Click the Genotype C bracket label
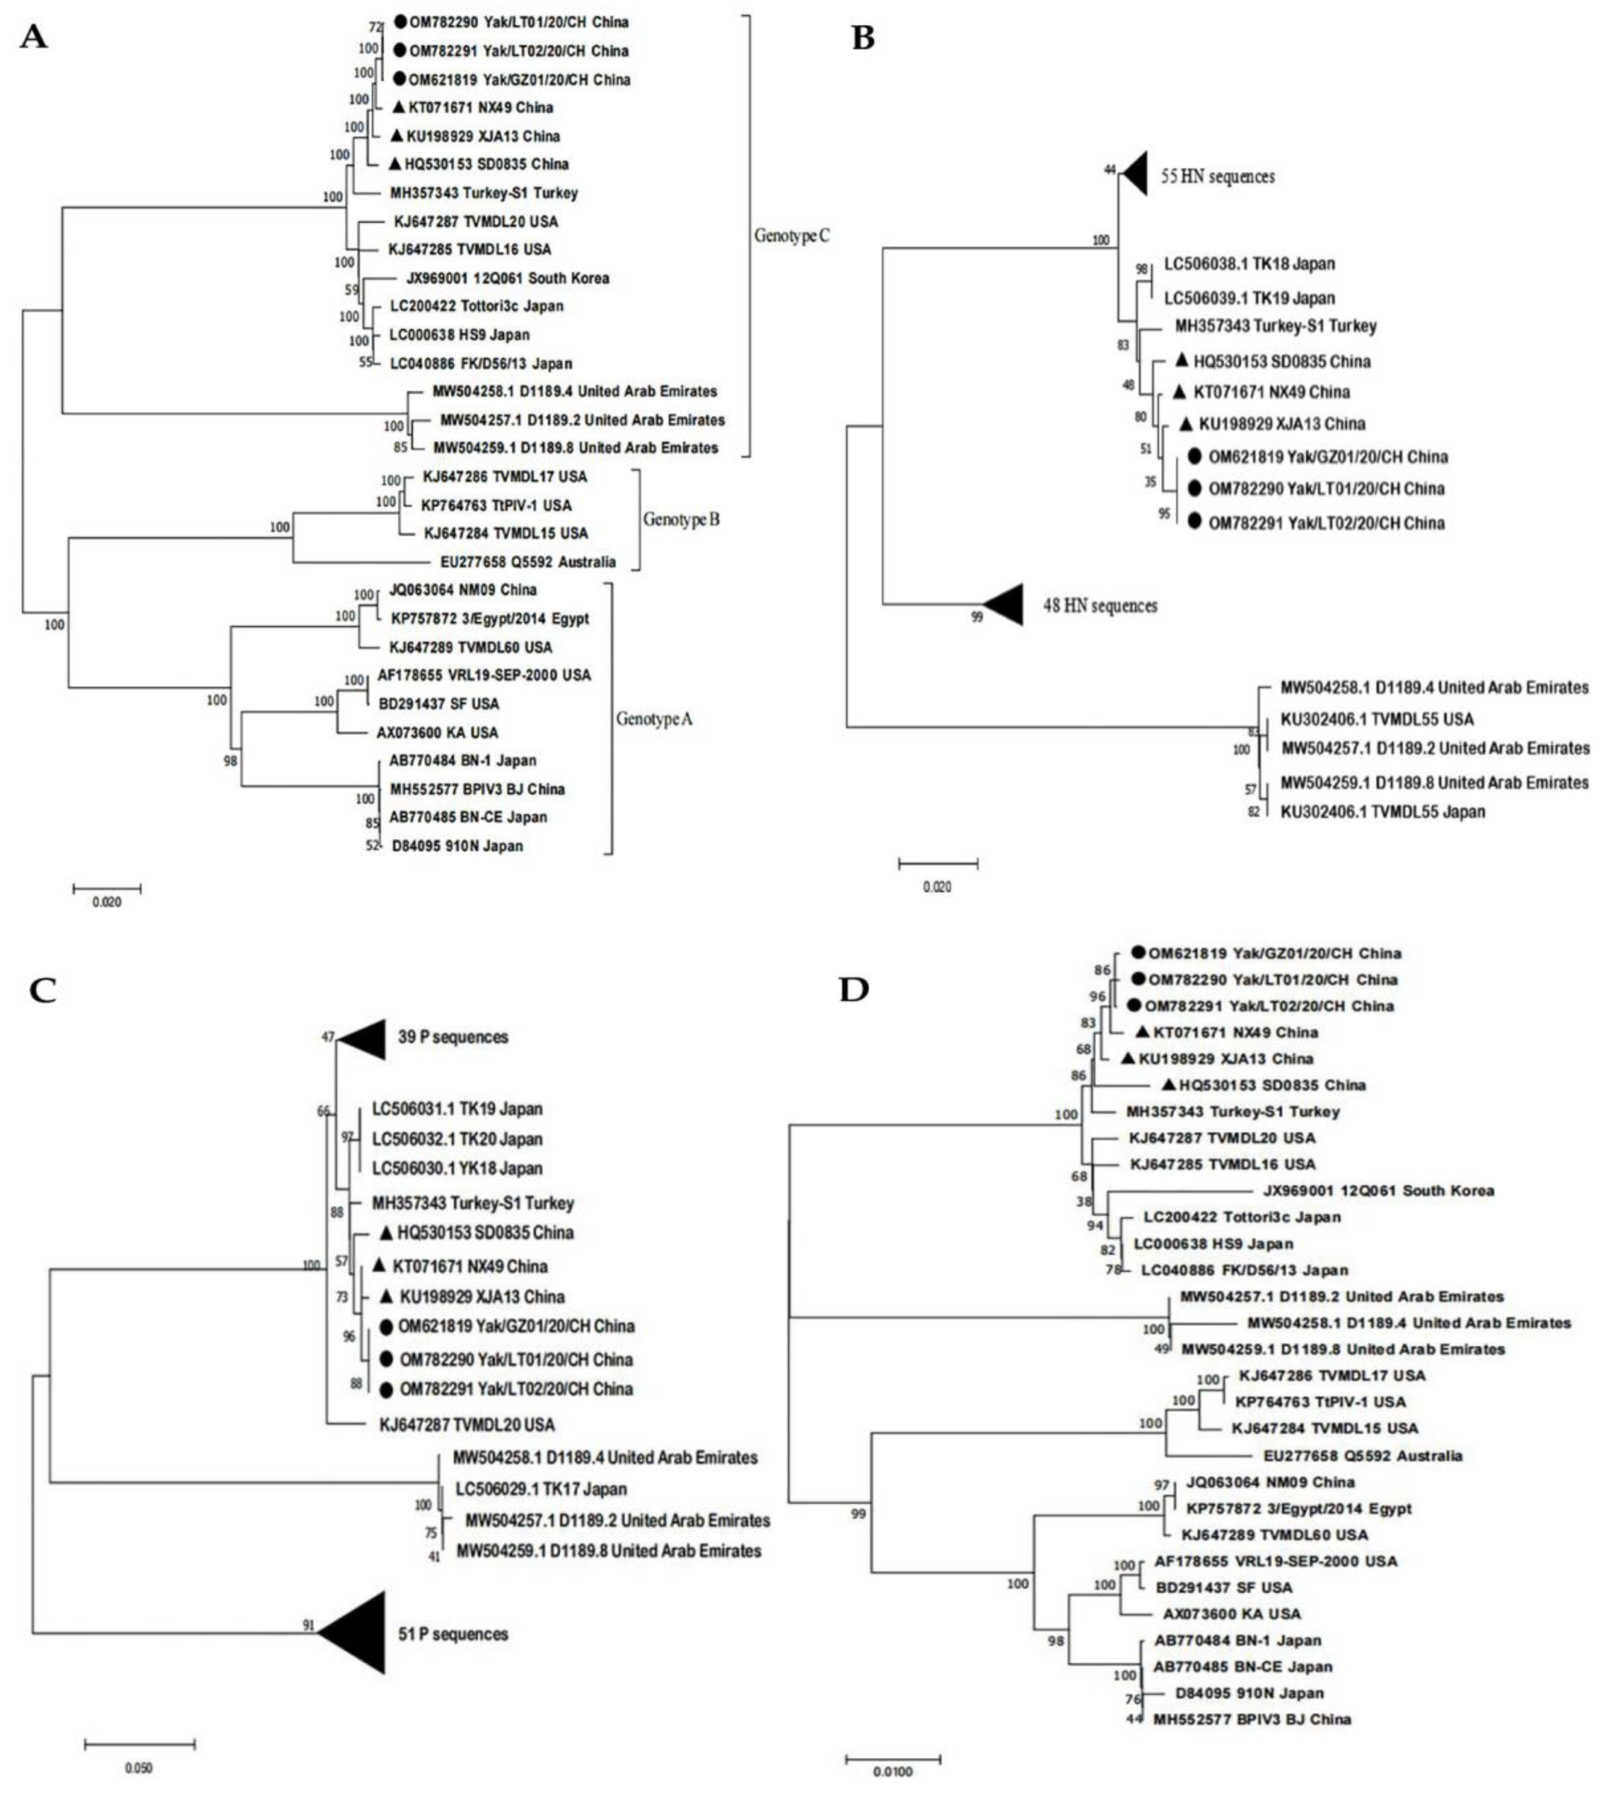pyautogui.click(x=792, y=236)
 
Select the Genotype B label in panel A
pyautogui.click(x=681, y=520)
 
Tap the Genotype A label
pyautogui.click(x=654, y=720)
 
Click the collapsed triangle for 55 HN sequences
pyautogui.click(x=1135, y=174)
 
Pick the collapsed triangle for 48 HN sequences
pyautogui.click(x=1006, y=605)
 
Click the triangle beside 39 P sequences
pyautogui.click(x=364, y=1038)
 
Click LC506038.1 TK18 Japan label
pyautogui.click(x=1249, y=264)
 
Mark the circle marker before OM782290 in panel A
pyautogui.click(x=400, y=22)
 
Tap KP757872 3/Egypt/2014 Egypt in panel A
pyautogui.click(x=489, y=618)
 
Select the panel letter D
pyautogui.click(x=854, y=990)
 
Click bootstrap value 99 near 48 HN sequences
pyautogui.click(x=976, y=618)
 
